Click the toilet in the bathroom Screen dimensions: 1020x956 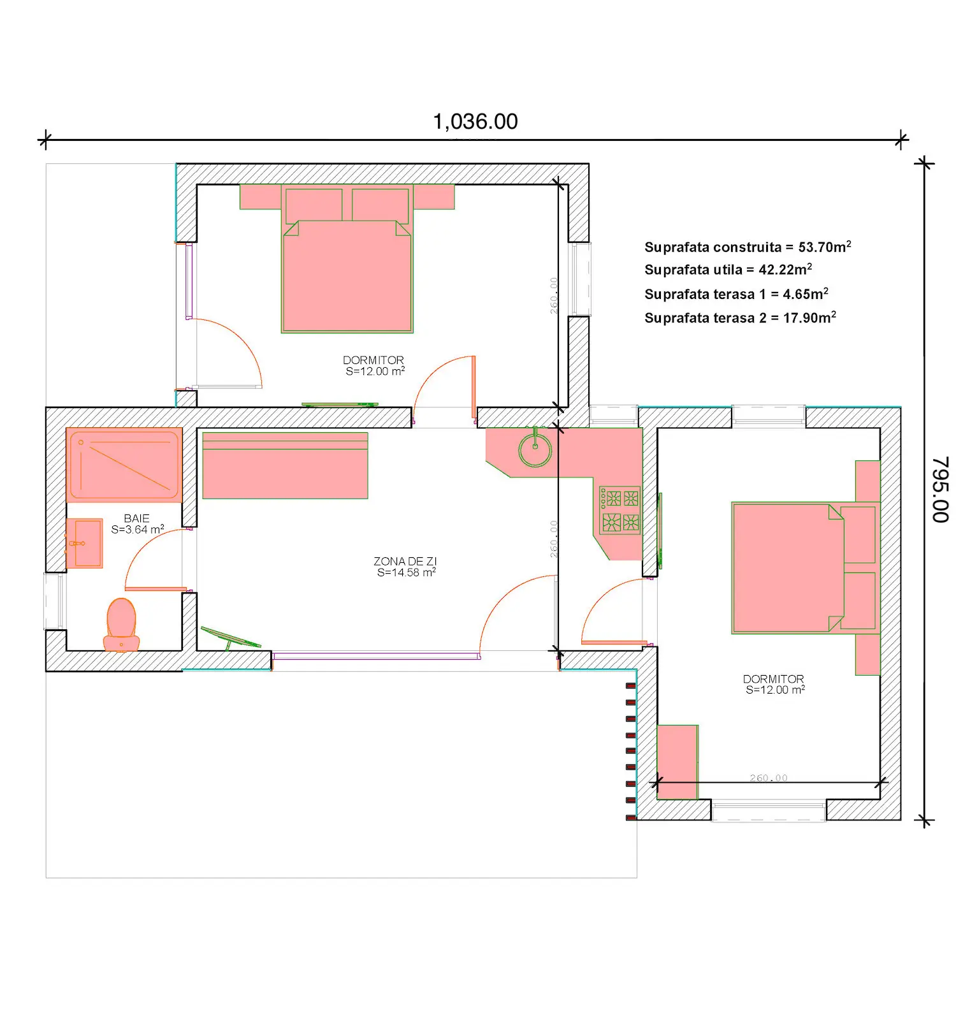click(121, 625)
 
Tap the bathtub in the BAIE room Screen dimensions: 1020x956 click(124, 465)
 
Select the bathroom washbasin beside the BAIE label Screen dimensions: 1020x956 click(85, 543)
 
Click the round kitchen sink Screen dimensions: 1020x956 click(535, 450)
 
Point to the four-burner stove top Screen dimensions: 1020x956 click(619, 511)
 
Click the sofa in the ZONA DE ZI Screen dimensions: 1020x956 click(285, 465)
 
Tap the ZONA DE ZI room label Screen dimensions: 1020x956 click(405, 561)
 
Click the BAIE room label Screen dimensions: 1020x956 click(136, 518)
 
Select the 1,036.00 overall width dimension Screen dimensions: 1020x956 click(475, 122)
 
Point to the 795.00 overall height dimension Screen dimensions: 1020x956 click(940, 490)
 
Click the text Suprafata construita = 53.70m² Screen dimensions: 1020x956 click(748, 247)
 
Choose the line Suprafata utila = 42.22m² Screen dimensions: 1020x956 click(728, 270)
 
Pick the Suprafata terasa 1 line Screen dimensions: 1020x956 click(736, 294)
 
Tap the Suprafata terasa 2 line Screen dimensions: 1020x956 click(740, 317)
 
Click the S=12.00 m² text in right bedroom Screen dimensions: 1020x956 click(775, 690)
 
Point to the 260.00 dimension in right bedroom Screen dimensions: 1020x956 click(769, 778)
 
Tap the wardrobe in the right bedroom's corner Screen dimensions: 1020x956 click(677, 762)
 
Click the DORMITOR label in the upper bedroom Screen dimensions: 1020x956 click(373, 360)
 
